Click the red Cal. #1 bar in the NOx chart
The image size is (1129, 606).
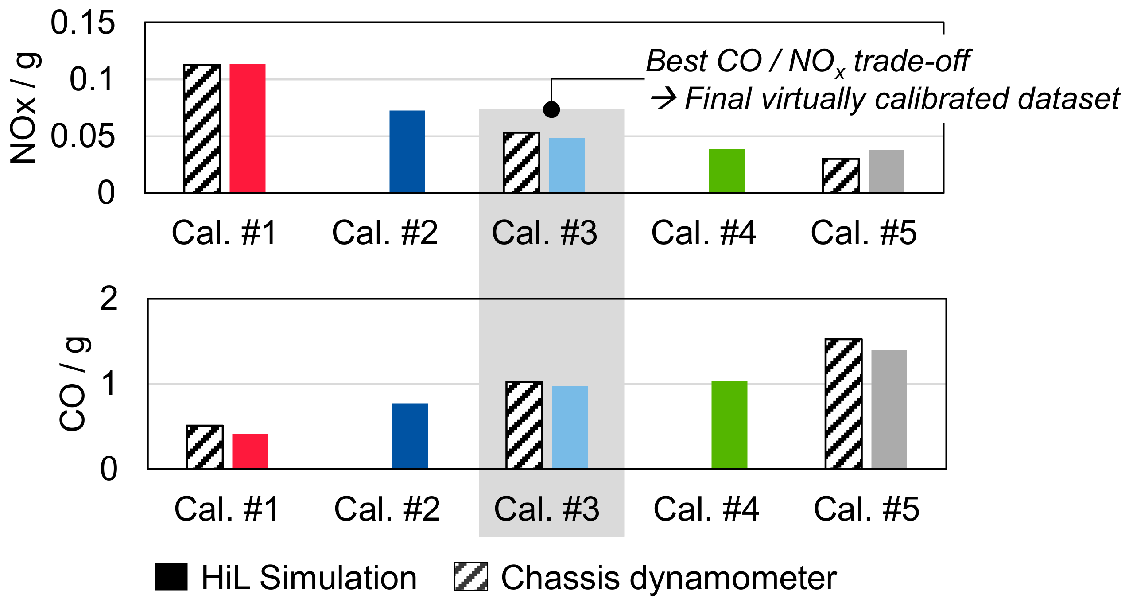point(247,128)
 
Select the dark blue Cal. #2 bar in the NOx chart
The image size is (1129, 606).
point(407,151)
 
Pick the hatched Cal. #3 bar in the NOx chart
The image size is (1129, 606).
point(521,162)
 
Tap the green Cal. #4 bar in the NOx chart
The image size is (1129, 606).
point(726,171)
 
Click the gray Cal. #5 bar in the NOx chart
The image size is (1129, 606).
point(886,171)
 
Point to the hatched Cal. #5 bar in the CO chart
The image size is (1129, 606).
point(843,404)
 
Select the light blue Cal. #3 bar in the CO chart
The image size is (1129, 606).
point(570,427)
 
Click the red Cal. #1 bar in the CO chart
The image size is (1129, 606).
point(250,451)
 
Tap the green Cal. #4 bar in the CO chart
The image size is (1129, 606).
point(729,425)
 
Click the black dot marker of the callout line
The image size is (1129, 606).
point(551,109)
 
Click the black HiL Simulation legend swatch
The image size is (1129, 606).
point(171,577)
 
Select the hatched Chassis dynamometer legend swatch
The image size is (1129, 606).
point(471,577)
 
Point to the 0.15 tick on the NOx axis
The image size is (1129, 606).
point(82,23)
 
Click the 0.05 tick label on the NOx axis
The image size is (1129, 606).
point(82,136)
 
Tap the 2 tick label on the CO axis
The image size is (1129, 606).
point(109,299)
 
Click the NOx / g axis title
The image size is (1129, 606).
point(24,109)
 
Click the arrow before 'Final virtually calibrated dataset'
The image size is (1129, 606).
point(663,98)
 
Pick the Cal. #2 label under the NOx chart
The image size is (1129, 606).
point(384,233)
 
